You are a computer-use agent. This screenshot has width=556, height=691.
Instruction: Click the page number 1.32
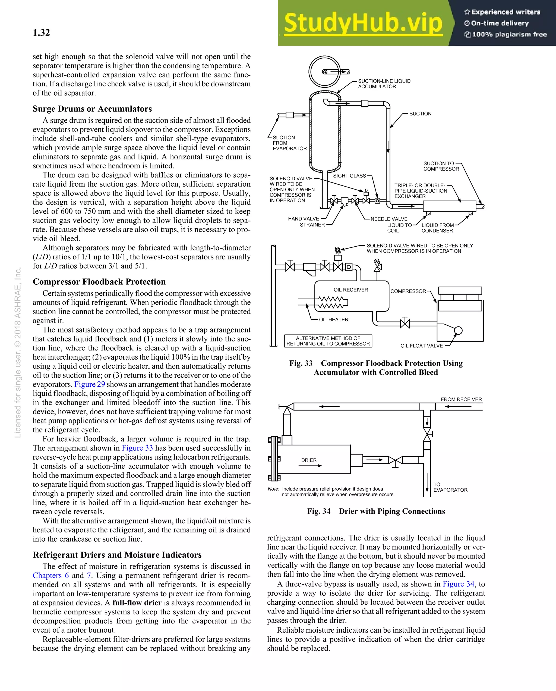coord(41,33)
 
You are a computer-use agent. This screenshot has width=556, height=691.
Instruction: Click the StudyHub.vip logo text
coord(363,23)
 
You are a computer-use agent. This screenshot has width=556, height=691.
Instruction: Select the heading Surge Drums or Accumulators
coord(92,109)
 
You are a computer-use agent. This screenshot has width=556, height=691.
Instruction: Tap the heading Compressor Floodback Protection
coord(99,282)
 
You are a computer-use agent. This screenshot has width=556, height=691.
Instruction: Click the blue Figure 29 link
coord(90,384)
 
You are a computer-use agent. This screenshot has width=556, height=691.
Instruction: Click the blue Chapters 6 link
coord(50,585)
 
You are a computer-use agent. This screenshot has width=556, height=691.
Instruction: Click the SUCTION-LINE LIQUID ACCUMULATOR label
coord(384,84)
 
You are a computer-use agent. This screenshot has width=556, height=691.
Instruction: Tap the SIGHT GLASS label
coord(349,176)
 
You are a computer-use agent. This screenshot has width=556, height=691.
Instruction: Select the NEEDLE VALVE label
coord(389,219)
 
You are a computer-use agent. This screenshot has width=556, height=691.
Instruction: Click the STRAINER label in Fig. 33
coord(312,225)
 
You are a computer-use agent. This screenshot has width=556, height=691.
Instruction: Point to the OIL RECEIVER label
coord(351,290)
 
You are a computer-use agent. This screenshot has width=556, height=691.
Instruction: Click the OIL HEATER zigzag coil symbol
coord(332,302)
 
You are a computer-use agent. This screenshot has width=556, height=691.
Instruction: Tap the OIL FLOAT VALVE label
coord(422,346)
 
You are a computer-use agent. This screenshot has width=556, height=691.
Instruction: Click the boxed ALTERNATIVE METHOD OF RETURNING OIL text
coord(328,341)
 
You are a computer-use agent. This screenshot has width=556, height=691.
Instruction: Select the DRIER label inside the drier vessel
coord(309,460)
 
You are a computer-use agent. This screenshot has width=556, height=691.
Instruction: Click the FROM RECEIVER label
coord(461,399)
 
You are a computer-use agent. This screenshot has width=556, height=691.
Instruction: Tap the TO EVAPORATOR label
coord(450,487)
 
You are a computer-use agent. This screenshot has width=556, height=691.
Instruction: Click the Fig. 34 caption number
coord(318,511)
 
